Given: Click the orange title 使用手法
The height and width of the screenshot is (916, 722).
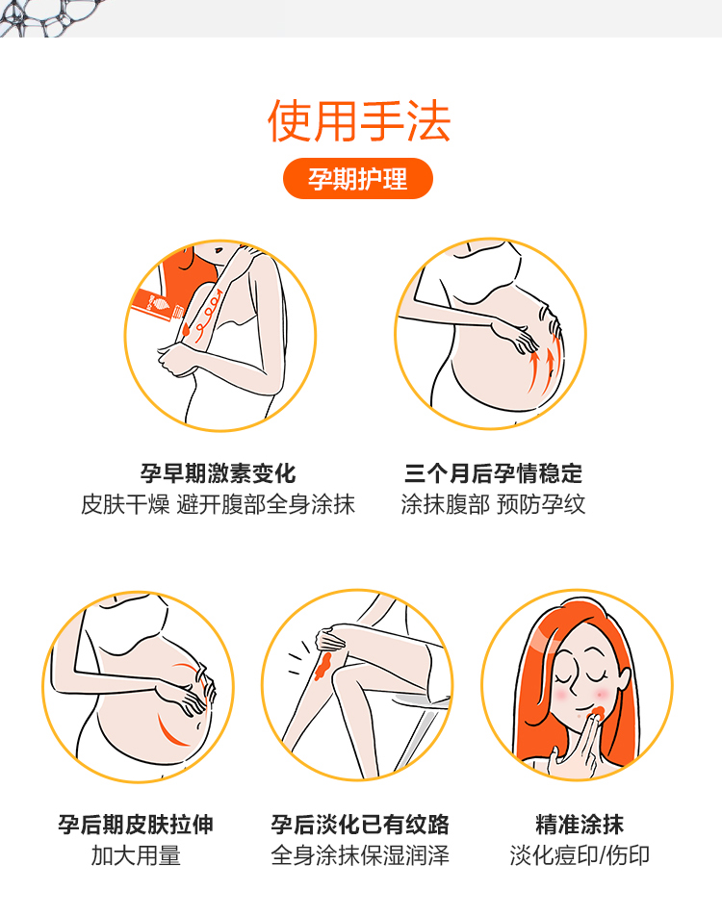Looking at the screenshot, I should pos(359,121).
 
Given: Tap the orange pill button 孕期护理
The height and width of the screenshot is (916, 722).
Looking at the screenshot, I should pos(358,179).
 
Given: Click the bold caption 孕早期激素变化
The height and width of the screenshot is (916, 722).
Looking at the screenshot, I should pos(219,473).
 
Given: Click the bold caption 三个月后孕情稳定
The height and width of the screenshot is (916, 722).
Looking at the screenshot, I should pos(493,473).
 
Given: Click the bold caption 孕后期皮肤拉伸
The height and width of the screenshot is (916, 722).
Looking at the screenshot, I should pos(136,825).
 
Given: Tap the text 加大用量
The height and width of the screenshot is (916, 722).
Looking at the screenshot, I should pos(136,855).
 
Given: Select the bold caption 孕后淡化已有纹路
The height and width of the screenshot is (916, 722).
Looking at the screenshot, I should pos(359,825).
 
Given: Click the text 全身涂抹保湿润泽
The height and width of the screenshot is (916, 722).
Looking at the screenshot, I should pos(359,855).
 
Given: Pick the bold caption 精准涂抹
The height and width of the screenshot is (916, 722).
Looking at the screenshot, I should pos(580,825).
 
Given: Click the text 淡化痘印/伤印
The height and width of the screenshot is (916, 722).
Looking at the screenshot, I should pos(580,855).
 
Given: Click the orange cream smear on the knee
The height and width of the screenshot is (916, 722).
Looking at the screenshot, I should pos(323,665).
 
